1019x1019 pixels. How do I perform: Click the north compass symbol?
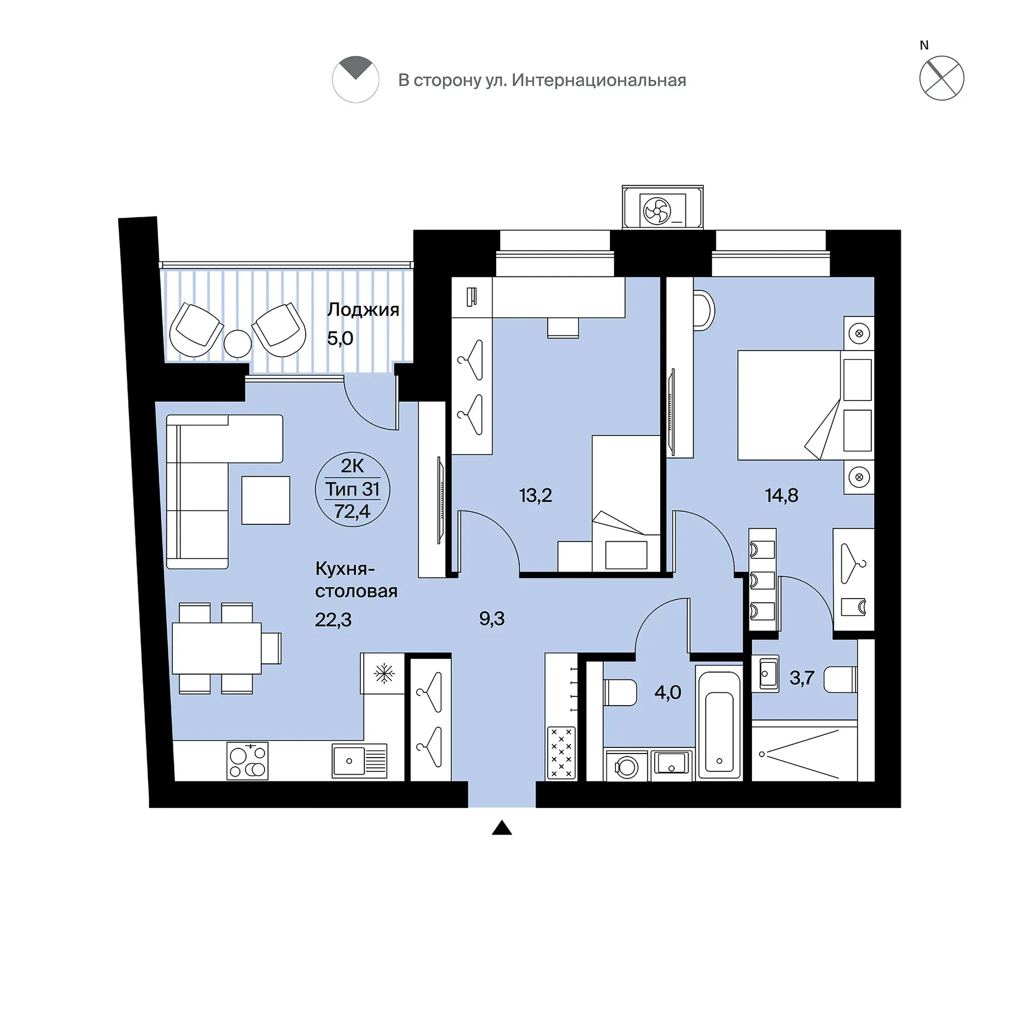[941, 78]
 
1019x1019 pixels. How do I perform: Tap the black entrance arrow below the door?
[502, 828]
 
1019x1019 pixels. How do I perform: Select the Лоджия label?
[363, 310]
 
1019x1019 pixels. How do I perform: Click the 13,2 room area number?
[535, 495]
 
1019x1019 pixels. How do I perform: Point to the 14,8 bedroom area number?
[782, 495]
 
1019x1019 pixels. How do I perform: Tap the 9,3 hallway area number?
[491, 618]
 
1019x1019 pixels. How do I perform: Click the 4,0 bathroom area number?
[667, 692]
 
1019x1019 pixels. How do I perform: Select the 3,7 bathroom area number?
[802, 678]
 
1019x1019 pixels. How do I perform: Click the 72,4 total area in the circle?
[353, 511]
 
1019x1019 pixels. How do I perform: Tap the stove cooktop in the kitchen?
[248, 761]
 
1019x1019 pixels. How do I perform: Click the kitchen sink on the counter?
[359, 761]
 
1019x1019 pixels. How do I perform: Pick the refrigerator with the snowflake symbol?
[382, 674]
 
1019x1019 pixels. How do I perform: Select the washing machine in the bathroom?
[627, 765]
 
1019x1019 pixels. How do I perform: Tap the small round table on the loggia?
[237, 344]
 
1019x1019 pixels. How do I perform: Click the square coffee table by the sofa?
[266, 500]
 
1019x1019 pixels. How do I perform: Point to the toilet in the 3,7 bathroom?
[840, 679]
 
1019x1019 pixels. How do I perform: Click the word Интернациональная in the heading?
[599, 80]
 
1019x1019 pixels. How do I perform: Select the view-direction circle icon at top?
[356, 79]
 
